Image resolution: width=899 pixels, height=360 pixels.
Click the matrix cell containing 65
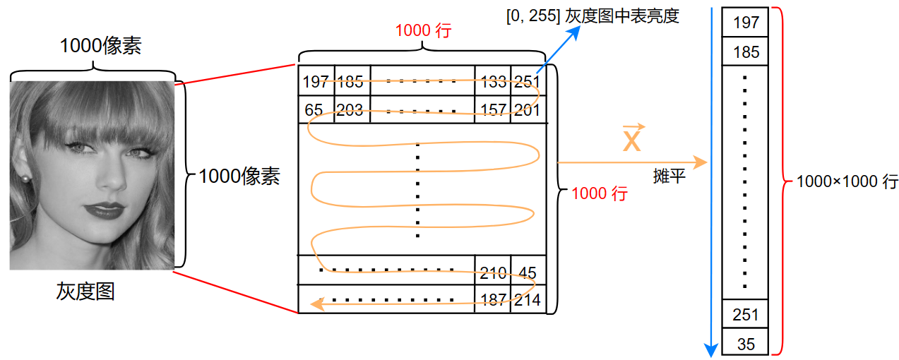(314, 110)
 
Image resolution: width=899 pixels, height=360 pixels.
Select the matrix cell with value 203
(351, 110)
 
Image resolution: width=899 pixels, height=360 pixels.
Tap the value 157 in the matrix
(492, 110)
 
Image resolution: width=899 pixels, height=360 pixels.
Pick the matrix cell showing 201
(528, 110)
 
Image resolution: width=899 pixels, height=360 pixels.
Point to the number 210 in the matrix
(492, 272)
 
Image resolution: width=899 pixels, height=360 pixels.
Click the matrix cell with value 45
(528, 272)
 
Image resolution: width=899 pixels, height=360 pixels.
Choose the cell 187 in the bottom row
(492, 299)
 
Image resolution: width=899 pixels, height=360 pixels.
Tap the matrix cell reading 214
(528, 299)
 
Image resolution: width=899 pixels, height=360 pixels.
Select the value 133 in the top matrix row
(492, 81)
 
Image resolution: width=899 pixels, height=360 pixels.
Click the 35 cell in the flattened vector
(745, 344)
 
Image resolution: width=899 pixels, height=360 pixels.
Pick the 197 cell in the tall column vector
(746, 23)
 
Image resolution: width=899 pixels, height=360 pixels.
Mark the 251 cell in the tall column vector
(745, 314)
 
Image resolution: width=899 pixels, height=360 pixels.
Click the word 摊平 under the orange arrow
(669, 176)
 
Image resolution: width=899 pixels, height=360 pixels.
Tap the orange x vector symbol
(631, 139)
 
